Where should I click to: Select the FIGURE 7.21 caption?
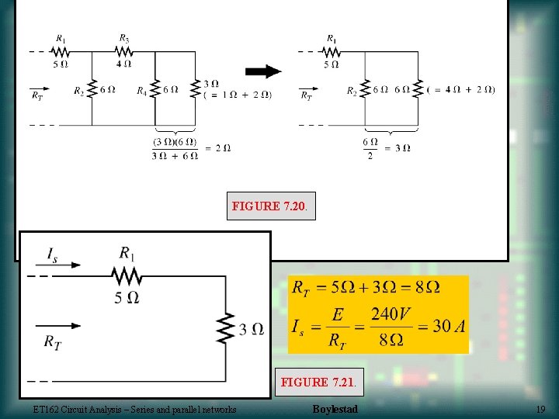[x=315, y=383]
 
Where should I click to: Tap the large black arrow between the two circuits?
[x=264, y=72]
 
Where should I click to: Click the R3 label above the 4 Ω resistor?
[x=124, y=37]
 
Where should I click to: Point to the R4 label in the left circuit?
[x=142, y=92]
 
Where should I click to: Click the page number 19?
[x=540, y=409]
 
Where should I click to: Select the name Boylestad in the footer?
[x=335, y=409]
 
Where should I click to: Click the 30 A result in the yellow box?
[x=449, y=326]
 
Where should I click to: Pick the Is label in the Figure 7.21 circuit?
[x=52, y=255]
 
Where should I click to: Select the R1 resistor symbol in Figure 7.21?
[x=127, y=275]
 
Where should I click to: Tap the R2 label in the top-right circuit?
[x=352, y=92]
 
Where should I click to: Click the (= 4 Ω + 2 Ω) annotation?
[x=461, y=89]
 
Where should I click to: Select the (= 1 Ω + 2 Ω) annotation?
[x=238, y=95]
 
